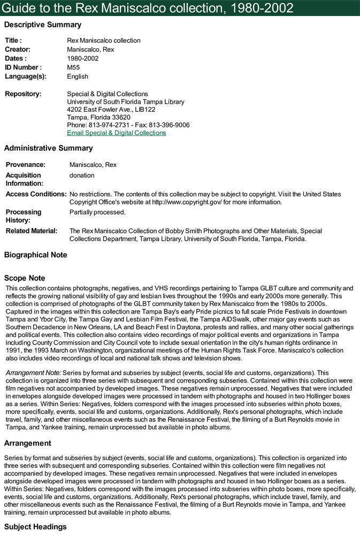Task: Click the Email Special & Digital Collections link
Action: [x=116, y=133]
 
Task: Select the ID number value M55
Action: [x=73, y=67]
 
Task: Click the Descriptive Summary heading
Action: [x=43, y=25]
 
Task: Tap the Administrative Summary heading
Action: [x=48, y=148]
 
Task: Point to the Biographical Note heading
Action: [x=36, y=255]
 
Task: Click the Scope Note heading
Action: [x=25, y=278]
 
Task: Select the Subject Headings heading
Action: [x=35, y=527]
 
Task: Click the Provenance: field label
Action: [x=25, y=165]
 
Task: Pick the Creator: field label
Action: [x=18, y=49]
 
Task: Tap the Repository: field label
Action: [x=23, y=94]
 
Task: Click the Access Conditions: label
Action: [x=36, y=194]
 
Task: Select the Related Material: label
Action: [x=31, y=231]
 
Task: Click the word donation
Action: [x=82, y=175]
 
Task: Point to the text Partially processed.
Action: [x=97, y=212]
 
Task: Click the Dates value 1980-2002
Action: [x=83, y=58]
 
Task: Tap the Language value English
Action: [x=78, y=77]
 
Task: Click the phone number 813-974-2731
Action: [x=109, y=125]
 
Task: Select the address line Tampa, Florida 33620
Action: [x=98, y=117]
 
